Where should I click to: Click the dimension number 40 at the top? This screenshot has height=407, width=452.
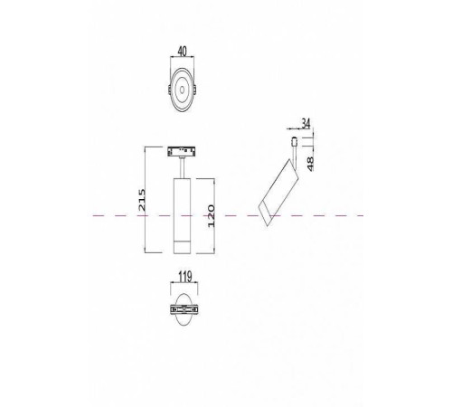(x=184, y=52)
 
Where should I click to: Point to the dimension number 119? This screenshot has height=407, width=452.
(x=184, y=279)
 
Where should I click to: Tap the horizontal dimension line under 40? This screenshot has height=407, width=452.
(x=184, y=60)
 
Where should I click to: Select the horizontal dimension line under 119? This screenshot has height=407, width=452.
(x=184, y=287)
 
